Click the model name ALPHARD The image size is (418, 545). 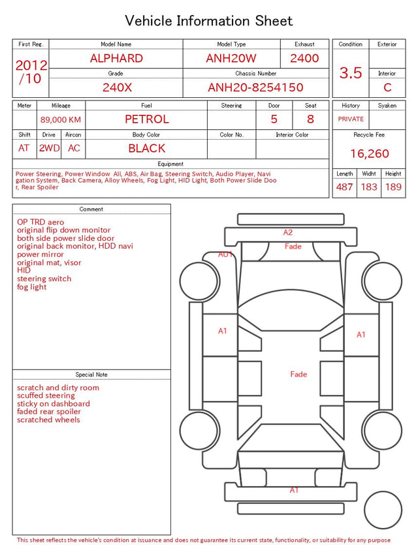coord(116,58)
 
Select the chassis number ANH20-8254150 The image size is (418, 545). coord(255,87)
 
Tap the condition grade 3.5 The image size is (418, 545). coord(351,73)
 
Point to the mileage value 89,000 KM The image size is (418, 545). coord(61,119)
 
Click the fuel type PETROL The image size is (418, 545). coord(147,119)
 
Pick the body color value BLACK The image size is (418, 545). coord(147,148)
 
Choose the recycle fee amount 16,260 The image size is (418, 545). coord(369,153)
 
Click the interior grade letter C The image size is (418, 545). coord(387,87)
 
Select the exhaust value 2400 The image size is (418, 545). coord(304,58)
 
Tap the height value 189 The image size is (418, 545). coord(393,187)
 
